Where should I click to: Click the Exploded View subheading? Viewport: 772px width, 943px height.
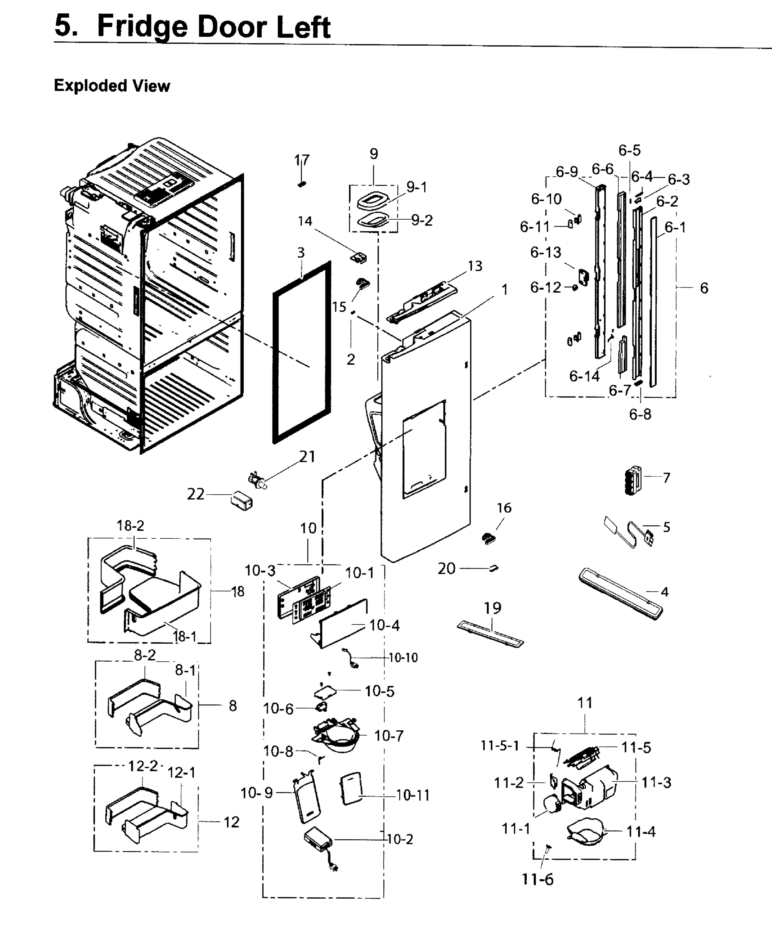tap(112, 85)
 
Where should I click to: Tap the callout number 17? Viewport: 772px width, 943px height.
tap(301, 160)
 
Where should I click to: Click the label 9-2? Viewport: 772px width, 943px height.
tap(422, 220)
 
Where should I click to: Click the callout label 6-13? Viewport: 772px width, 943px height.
tap(546, 253)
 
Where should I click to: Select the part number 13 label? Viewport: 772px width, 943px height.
tap(475, 266)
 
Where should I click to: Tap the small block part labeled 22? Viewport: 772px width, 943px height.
tap(242, 501)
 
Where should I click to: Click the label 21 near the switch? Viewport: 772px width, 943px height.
tap(307, 457)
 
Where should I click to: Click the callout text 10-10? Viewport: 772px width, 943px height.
tap(403, 658)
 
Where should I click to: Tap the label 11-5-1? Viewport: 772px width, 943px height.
tap(500, 746)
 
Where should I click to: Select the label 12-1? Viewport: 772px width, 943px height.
tap(182, 773)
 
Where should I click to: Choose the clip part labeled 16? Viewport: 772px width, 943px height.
tap(488, 538)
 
